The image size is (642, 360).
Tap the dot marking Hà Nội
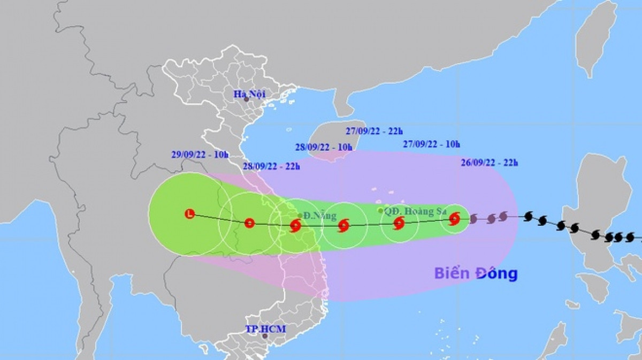pos(247,99)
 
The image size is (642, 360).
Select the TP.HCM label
pos(266,329)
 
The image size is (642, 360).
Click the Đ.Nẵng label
pos(320,216)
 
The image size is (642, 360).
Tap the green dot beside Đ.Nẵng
pos(300,216)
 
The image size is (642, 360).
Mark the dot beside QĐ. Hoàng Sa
pos(380,211)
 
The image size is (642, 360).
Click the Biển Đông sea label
pos(476,273)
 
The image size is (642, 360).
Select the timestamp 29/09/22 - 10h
pos(200,155)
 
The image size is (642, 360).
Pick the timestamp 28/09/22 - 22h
pos(271,167)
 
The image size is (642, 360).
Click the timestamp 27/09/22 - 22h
pos(374,130)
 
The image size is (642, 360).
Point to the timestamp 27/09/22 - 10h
pos(431,144)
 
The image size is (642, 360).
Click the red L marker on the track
pos(189,215)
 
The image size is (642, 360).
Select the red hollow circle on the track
pos(249,223)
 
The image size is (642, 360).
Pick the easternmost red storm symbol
pos(454,218)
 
